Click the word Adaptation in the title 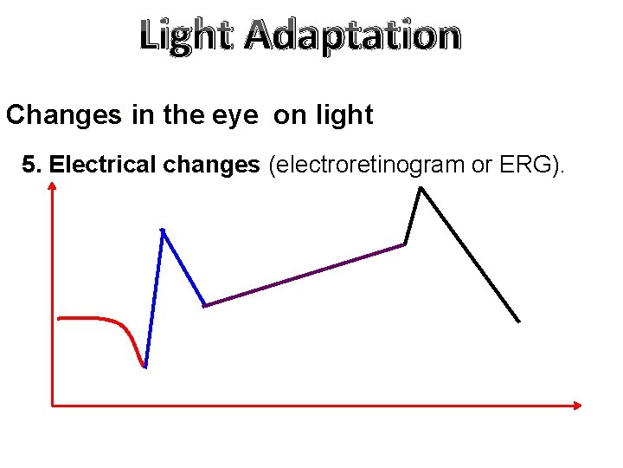coord(352,36)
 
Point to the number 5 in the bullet coord(30,165)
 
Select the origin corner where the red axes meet coord(53,405)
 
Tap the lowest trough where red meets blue coord(145,367)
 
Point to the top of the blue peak coord(162,230)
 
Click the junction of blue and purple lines coord(204,305)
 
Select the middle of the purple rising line coord(305,275)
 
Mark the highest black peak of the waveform coord(421,188)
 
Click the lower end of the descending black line coord(518,321)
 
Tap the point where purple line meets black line coord(404,244)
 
